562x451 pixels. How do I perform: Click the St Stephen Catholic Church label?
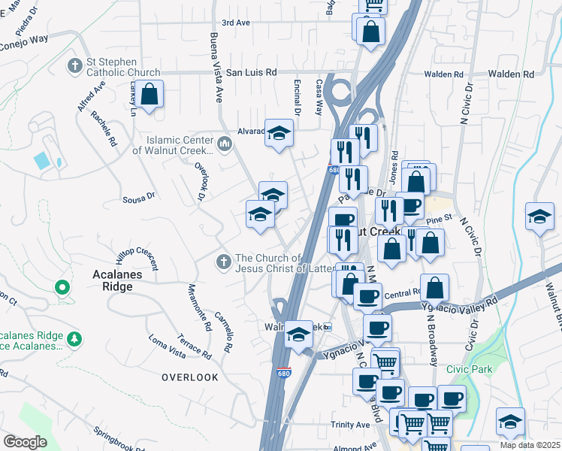(113, 67)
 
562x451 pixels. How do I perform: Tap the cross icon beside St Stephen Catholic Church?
(74, 66)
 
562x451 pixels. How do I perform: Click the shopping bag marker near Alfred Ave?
(150, 95)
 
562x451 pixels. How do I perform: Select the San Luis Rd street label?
(252, 72)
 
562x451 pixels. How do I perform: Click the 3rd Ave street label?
(235, 23)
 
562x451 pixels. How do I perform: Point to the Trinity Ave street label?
(350, 425)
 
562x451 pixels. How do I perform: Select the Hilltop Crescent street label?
(137, 251)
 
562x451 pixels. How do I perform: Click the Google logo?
(25, 442)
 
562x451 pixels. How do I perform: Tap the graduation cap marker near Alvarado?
(279, 133)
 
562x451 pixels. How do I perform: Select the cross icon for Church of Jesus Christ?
(222, 262)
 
